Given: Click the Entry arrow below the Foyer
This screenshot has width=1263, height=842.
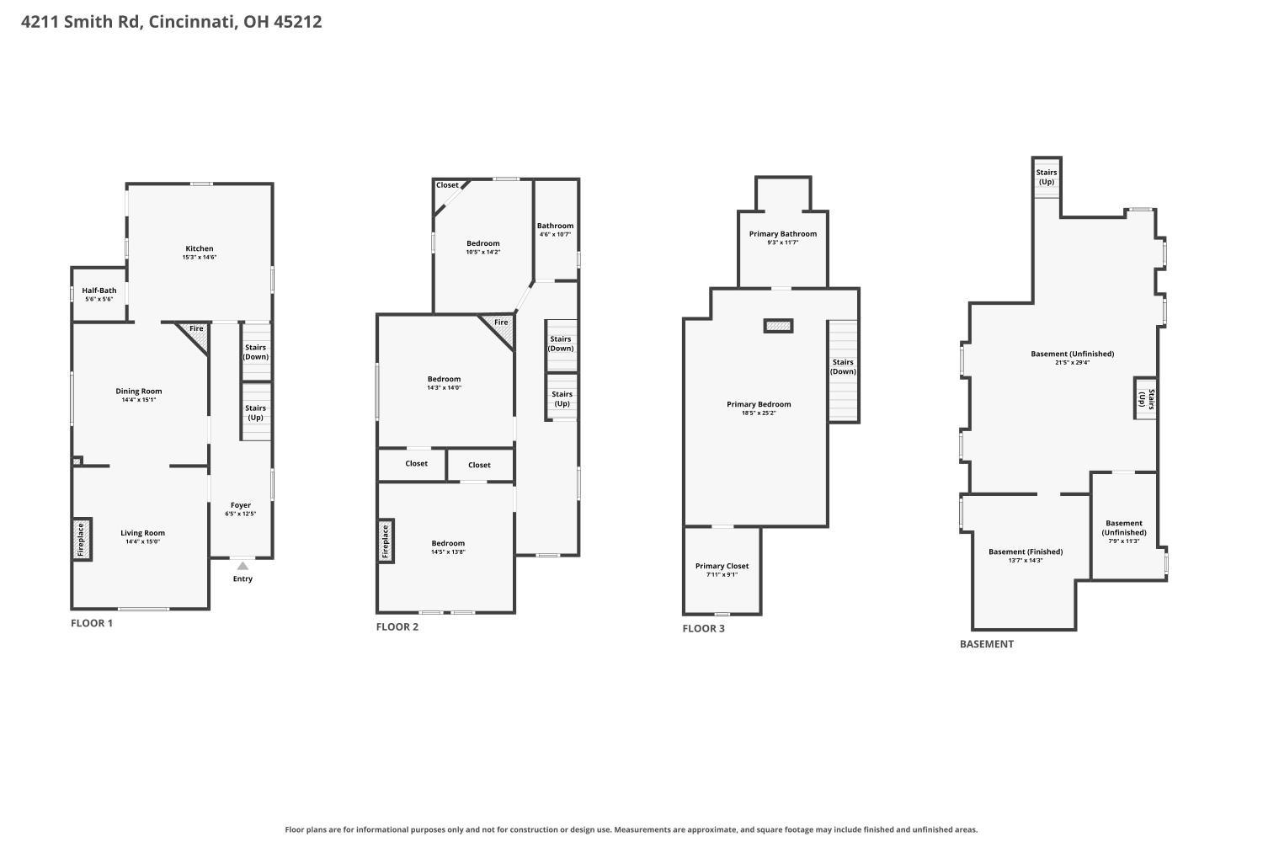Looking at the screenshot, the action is point(242,566).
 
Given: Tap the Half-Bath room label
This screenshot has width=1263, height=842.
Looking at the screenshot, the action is point(99,290).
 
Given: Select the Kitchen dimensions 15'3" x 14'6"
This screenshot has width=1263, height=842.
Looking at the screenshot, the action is point(200,257).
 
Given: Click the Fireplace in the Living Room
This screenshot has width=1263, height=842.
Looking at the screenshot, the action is point(82,539).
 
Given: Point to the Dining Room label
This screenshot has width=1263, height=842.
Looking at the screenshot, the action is point(139,391).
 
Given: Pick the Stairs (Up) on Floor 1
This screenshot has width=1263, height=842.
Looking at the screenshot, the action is point(257,412).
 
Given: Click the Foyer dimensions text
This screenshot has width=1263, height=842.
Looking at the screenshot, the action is point(241,514).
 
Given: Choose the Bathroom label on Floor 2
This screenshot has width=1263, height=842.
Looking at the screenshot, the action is point(556,226).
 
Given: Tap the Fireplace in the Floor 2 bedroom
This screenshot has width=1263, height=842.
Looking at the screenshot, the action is point(386,541).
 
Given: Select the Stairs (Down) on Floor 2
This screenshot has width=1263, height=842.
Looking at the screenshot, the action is point(561,344).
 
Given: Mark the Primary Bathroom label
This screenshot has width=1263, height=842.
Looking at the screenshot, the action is point(783,233).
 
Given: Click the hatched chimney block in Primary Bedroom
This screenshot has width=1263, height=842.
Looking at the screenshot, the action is point(779,325).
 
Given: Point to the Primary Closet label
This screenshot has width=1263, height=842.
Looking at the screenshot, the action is point(722,566).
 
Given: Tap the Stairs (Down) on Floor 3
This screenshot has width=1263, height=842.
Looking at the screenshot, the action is point(844,371).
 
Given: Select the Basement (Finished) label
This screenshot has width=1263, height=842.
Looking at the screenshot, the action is point(1026,552).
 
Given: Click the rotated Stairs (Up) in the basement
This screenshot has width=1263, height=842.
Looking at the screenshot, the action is point(1146,398).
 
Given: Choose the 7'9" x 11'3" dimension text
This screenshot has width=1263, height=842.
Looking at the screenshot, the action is point(1124,541).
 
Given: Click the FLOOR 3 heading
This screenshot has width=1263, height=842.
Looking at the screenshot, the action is point(704,628).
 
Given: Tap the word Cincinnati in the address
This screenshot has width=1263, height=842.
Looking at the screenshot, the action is point(192,21).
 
